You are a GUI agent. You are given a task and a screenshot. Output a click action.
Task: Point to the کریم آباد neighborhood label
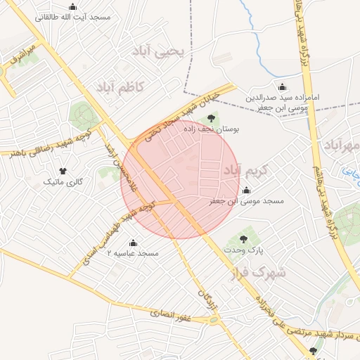click(x=246, y=170)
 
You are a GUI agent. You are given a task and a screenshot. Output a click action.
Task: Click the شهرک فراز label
click(x=257, y=272)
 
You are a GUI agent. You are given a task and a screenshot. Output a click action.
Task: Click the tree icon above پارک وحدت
click(x=243, y=239)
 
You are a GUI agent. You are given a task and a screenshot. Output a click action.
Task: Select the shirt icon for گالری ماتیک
click(x=63, y=171)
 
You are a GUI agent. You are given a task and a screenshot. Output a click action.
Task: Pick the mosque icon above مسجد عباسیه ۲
click(x=133, y=243)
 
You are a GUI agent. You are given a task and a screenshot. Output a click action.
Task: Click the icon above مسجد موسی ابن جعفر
click(x=246, y=190)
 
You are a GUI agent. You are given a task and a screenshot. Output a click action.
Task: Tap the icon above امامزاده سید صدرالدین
click(x=283, y=87)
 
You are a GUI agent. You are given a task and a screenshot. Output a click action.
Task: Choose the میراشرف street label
click(x=22, y=56)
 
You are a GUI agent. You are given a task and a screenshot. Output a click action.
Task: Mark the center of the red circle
click(x=180, y=180)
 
